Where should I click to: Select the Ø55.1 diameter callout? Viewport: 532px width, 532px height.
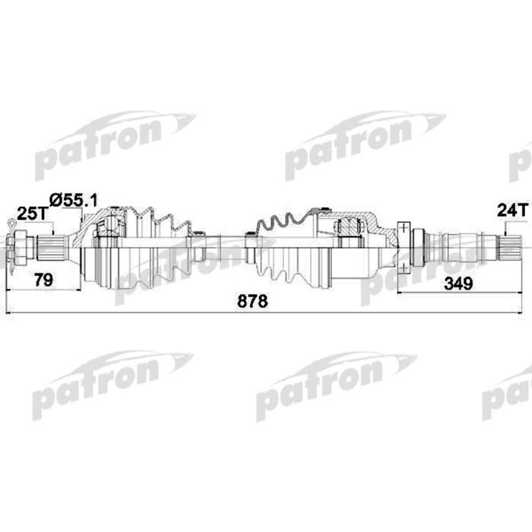pyautogui.click(x=74, y=200)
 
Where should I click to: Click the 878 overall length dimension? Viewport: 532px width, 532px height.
pyautogui.click(x=253, y=301)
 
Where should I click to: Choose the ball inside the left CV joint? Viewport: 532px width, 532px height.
pyautogui.click(x=112, y=226)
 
